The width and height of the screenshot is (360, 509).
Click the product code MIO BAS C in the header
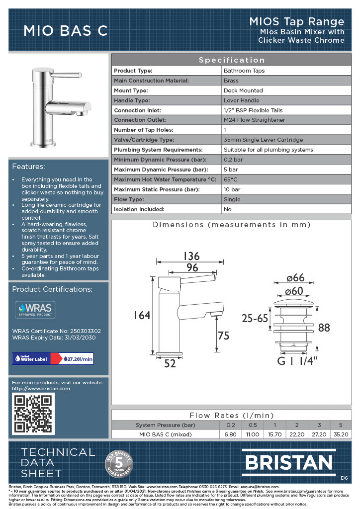pos(66,31)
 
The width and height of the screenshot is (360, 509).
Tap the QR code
pos(32,414)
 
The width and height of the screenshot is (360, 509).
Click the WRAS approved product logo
pos(34,309)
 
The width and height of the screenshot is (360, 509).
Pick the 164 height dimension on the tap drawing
pos(142,315)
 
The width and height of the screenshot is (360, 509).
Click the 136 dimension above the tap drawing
pos(191,256)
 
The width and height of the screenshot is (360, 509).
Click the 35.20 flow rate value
pos(341,434)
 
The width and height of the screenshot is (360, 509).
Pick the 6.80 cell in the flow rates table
pos(231,434)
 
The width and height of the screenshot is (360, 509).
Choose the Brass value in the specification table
pos(231,81)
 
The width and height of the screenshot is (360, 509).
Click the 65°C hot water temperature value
pos(231,179)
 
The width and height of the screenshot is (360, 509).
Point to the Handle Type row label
pos(133,100)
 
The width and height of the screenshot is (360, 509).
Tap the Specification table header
pos(232,60)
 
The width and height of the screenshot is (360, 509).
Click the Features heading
pos(28,166)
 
